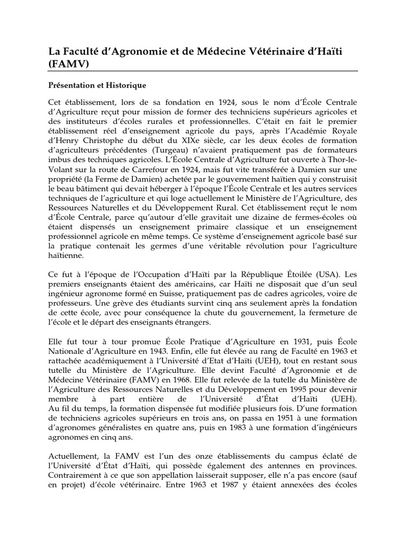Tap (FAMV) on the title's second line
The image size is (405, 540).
coord(66,64)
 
